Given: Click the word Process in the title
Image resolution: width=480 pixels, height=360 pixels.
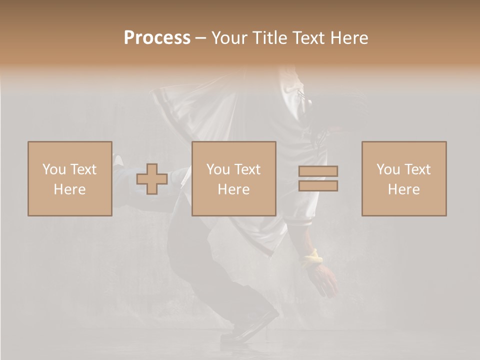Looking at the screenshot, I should tap(157, 38).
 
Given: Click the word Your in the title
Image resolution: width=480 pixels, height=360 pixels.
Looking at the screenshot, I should tap(229, 38).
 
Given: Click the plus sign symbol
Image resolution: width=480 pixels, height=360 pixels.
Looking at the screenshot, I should tap(152, 179).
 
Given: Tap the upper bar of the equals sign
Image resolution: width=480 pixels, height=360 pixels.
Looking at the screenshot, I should tap(318, 171).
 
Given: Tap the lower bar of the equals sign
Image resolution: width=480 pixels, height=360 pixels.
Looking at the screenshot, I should tap(318, 185).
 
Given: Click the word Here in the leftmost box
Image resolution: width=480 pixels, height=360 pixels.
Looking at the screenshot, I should tap(69, 189).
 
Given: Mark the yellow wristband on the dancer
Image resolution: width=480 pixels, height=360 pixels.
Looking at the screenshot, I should tap(312, 258).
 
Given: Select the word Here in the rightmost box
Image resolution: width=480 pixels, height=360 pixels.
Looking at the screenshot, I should tap(403, 189).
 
